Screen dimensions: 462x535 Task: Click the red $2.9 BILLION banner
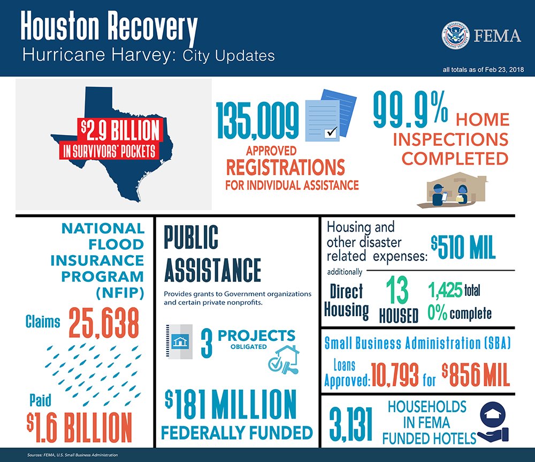(x=112, y=139)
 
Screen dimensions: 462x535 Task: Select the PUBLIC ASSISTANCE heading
(x=212, y=254)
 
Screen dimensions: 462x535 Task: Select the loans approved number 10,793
(x=395, y=377)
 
